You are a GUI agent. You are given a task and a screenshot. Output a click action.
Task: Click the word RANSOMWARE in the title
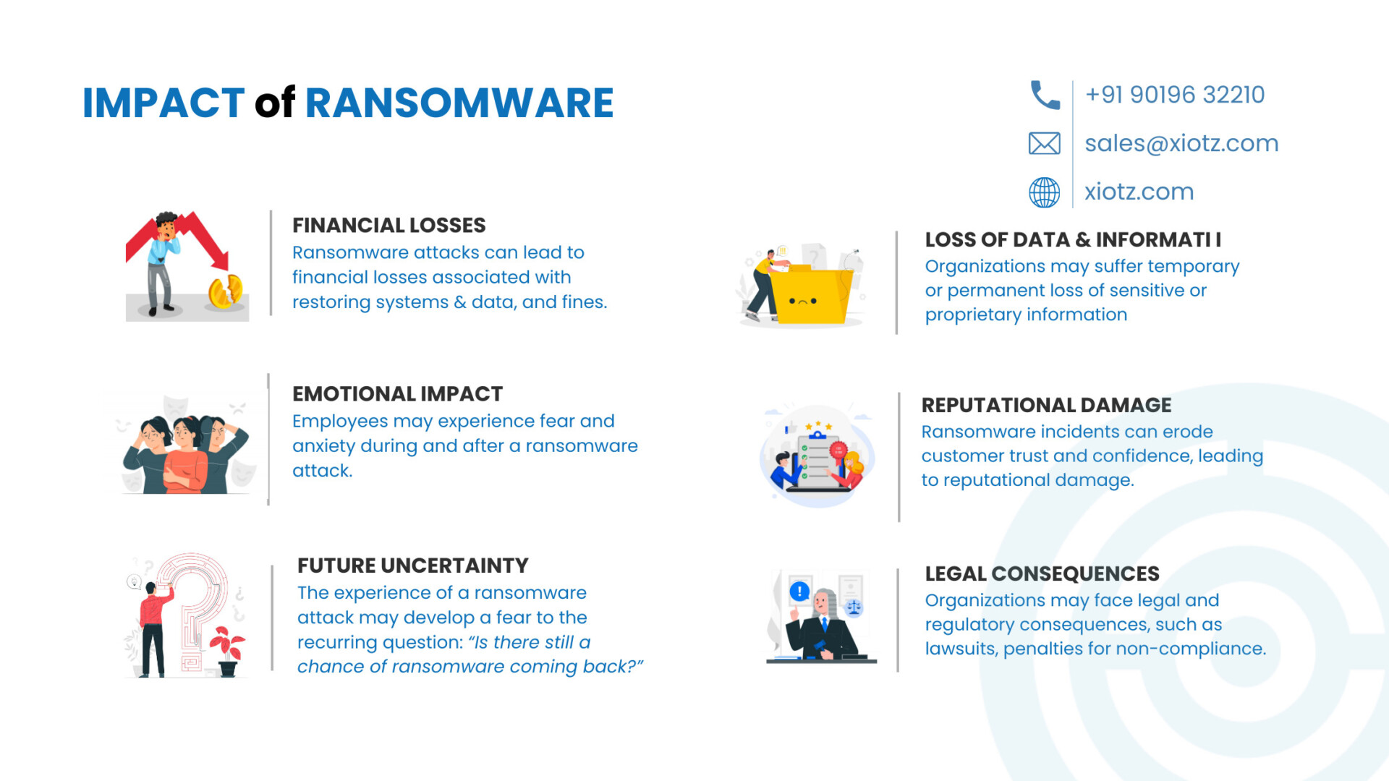tap(459, 103)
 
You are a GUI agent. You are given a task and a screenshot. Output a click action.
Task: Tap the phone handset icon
tap(1045, 95)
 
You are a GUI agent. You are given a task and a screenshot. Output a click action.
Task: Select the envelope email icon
tap(1045, 143)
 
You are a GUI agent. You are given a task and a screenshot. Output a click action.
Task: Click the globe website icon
tap(1045, 192)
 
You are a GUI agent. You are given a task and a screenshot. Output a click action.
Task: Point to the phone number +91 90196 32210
tap(1175, 95)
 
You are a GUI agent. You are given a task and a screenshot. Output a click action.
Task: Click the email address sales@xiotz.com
tap(1181, 143)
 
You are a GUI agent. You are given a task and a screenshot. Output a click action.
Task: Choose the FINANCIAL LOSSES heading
tap(389, 226)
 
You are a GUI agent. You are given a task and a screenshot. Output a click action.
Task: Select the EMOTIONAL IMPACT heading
tap(397, 394)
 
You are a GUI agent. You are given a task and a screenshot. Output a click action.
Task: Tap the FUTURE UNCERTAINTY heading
tap(413, 566)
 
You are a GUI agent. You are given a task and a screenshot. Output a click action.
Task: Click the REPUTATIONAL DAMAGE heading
tap(1046, 405)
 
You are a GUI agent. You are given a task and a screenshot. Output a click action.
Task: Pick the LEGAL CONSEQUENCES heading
tap(1042, 573)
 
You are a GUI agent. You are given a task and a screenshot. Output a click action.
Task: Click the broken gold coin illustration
tap(226, 292)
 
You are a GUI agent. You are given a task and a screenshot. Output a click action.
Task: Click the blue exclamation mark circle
tap(799, 592)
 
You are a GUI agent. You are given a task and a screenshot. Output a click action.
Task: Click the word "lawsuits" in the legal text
tap(961, 649)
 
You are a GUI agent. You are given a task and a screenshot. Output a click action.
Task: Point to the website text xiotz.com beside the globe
tap(1139, 192)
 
